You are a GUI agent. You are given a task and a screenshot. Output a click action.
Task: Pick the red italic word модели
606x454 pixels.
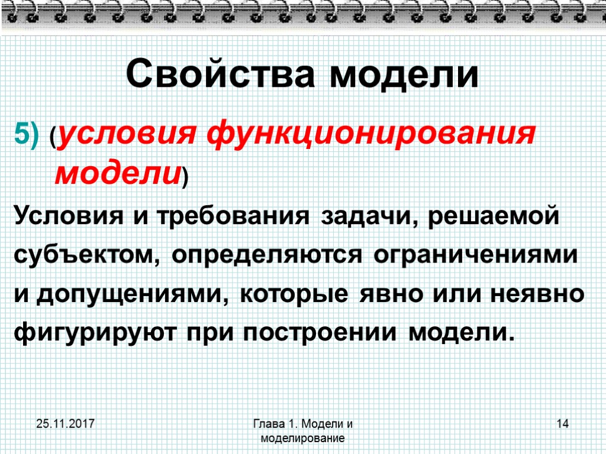(118, 174)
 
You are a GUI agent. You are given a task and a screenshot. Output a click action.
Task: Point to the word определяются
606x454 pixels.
(267, 255)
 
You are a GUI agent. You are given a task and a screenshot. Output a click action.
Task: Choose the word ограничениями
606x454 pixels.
(476, 255)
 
